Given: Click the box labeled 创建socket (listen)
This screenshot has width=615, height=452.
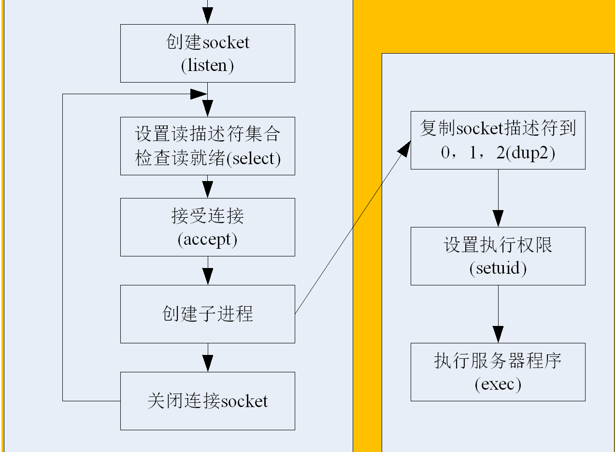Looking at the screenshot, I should (x=207, y=53).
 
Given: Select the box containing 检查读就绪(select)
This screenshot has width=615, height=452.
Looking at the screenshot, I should (x=207, y=146).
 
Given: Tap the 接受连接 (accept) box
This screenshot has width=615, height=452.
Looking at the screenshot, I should (x=207, y=227).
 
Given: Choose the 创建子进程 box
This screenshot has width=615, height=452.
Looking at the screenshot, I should (x=207, y=314).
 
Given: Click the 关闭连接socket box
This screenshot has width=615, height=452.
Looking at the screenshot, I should (x=207, y=401).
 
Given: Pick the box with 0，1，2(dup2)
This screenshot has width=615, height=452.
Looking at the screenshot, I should (x=498, y=140).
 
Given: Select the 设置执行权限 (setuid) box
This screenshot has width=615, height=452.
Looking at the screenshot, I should (x=498, y=256).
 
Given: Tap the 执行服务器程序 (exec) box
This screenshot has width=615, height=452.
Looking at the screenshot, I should (x=498, y=372).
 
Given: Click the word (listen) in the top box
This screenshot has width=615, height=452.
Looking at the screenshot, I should (x=207, y=65).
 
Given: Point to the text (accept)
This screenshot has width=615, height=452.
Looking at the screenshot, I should (x=207, y=240).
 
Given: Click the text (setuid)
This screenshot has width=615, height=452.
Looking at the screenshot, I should (x=498, y=268).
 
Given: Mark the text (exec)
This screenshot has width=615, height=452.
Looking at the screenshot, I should (x=498, y=384).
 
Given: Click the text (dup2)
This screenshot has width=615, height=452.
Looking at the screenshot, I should (x=530, y=153).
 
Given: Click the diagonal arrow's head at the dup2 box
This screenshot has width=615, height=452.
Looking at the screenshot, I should (x=405, y=147).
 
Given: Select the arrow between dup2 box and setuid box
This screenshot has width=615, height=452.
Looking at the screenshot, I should (x=498, y=198).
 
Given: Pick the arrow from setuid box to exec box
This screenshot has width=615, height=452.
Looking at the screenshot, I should (x=498, y=314).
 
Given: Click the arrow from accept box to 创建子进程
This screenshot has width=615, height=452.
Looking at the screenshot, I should (x=207, y=270).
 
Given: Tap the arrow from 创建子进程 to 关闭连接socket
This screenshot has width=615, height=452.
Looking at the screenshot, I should (x=207, y=357).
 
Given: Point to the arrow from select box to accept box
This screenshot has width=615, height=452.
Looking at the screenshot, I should (x=207, y=186).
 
